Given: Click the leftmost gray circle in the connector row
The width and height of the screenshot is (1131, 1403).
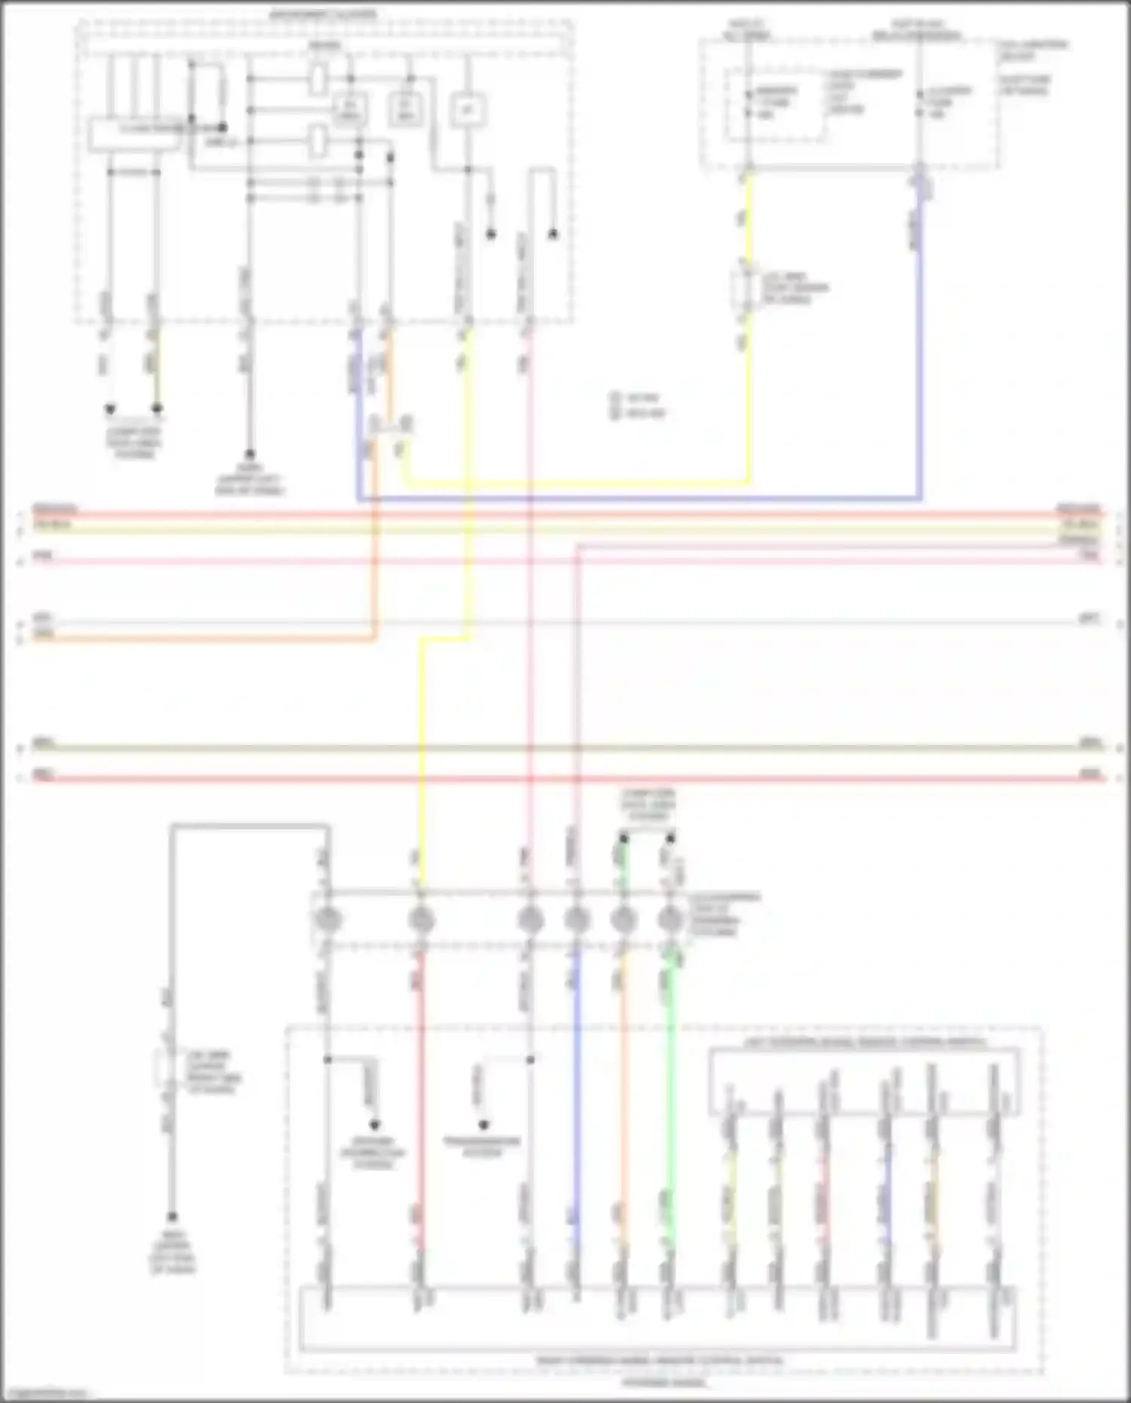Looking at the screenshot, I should pyautogui.click(x=327, y=920).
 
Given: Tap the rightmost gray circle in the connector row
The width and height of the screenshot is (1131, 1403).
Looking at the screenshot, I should pyautogui.click(x=669, y=920).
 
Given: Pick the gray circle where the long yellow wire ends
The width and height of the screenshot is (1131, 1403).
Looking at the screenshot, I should pyautogui.click(x=421, y=920).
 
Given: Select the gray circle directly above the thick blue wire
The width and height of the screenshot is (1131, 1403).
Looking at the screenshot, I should pyautogui.click(x=577, y=920).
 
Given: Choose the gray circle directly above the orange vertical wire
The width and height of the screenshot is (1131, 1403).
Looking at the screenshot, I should pyautogui.click(x=623, y=920).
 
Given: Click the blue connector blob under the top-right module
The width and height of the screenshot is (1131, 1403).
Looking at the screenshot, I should pyautogui.click(x=921, y=185).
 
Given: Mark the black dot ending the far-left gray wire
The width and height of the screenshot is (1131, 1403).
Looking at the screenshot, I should pyautogui.click(x=172, y=1217).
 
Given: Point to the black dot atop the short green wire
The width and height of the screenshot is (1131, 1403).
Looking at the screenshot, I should pyautogui.click(x=624, y=838).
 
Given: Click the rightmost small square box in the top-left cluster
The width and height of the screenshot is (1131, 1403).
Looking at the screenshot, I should pyautogui.click(x=467, y=110).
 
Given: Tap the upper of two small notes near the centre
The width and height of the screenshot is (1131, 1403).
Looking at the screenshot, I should pyautogui.click(x=638, y=397).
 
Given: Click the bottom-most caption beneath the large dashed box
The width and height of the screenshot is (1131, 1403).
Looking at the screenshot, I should pyautogui.click(x=664, y=1383).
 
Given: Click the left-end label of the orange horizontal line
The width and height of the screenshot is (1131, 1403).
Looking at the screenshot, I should pyautogui.click(x=44, y=635).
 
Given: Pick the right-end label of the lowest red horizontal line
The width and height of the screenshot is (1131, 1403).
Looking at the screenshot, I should pyautogui.click(x=1090, y=773).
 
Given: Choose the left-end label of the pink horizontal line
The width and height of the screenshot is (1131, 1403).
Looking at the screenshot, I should pyautogui.click(x=43, y=556).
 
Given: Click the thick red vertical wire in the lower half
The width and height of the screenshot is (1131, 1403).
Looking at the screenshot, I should pyautogui.click(x=421, y=1093).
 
